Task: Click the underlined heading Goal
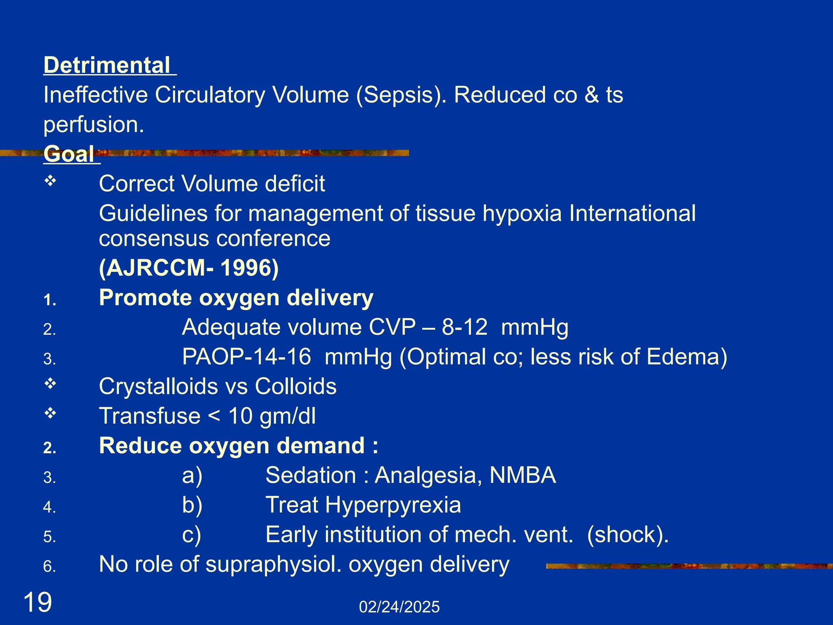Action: (69, 154)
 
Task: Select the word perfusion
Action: (94, 125)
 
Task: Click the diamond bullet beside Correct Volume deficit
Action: (50, 181)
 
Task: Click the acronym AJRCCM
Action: (156, 268)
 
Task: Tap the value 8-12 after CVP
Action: (464, 327)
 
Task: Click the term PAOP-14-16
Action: (246, 357)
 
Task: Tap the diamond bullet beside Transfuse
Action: (50, 413)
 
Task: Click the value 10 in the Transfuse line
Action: (240, 416)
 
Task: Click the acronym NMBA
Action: (522, 475)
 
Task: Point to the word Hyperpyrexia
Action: (393, 505)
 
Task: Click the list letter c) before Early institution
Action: (192, 535)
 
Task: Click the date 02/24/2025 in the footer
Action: (399, 607)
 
